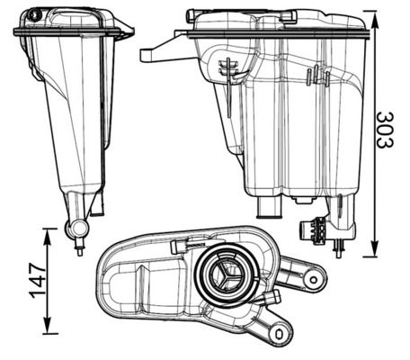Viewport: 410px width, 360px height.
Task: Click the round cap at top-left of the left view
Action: pyautogui.click(x=35, y=15)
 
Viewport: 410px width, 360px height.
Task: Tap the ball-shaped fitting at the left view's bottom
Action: pyautogui.click(x=76, y=230)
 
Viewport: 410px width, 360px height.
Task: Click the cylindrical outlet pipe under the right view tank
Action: pyautogui.click(x=269, y=208)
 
